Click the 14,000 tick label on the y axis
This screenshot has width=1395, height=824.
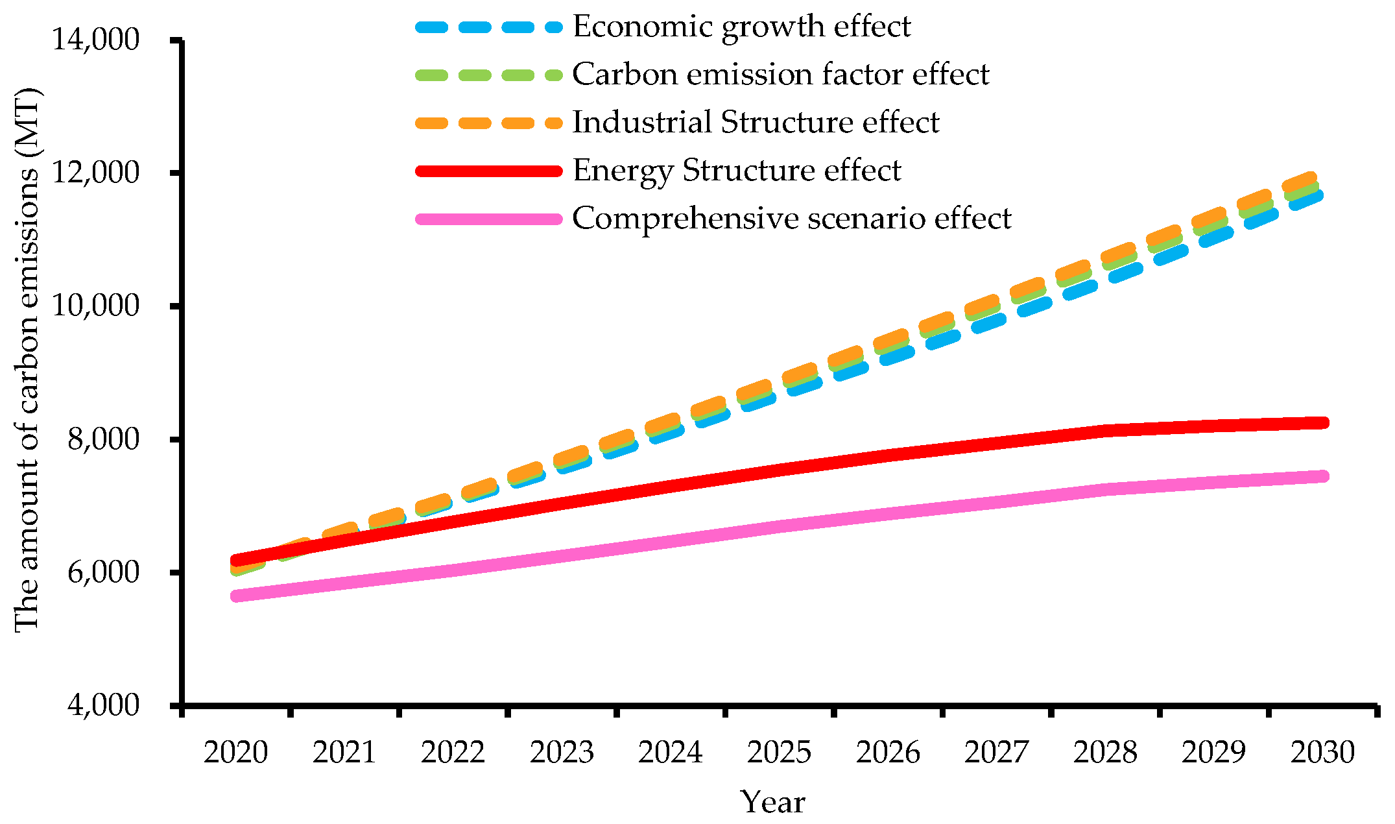click(95, 40)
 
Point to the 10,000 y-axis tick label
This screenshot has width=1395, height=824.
click(95, 306)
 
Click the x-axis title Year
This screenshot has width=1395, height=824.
click(772, 803)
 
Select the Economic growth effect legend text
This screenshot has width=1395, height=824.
click(741, 27)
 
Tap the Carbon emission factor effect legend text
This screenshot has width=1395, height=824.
click(780, 75)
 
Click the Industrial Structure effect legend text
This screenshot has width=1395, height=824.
click(756, 123)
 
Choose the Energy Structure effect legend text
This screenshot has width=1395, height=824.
click(737, 171)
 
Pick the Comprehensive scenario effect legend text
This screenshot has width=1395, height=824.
click(791, 219)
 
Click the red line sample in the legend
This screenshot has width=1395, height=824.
click(488, 171)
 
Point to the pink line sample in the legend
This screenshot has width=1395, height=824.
click(488, 219)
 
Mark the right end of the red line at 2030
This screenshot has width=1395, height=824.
click(1323, 423)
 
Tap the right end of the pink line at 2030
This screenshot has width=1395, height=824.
click(1323, 476)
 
